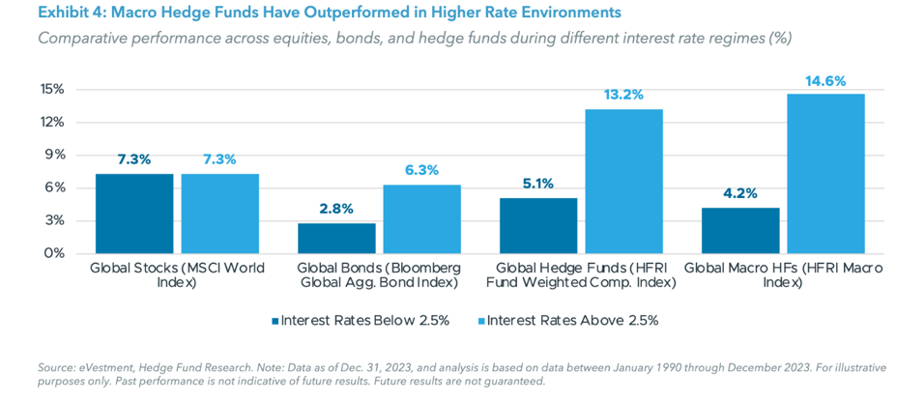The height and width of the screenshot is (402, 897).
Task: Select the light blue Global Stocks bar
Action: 219,214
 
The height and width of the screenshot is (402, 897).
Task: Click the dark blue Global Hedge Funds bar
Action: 538,225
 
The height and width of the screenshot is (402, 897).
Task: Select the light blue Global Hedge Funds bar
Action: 623,182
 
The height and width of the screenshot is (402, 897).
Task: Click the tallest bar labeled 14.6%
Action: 825,174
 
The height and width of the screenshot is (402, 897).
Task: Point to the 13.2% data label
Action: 623,95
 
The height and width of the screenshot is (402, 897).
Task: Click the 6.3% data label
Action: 421,170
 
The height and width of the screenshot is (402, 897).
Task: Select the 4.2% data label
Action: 740,193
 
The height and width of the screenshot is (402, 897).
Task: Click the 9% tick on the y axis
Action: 54,155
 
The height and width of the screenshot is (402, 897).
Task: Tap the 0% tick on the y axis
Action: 54,253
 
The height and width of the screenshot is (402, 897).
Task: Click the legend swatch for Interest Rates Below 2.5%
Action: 275,321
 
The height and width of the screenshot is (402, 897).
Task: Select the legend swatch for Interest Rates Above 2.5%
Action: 480,321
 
